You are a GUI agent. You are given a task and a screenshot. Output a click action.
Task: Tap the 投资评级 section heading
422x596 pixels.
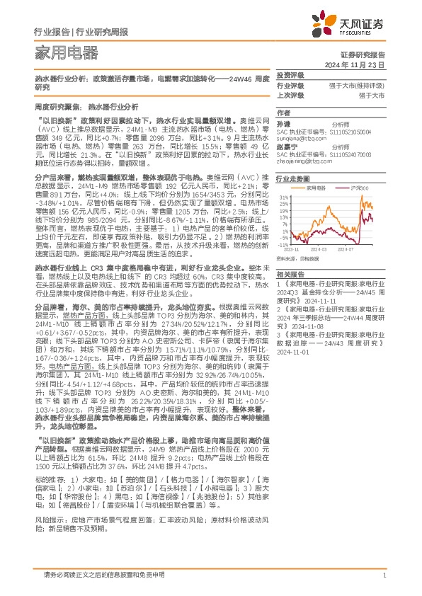290,74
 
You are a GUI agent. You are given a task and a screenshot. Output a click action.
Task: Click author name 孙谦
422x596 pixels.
283,123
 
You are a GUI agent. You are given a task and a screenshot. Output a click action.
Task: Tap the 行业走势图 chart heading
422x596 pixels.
293,180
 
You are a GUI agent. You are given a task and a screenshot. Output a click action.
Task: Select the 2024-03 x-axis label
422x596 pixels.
317,249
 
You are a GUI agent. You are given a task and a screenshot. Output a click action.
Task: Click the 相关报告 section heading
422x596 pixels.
290,274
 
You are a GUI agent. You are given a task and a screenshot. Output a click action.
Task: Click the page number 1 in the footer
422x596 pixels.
383,574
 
